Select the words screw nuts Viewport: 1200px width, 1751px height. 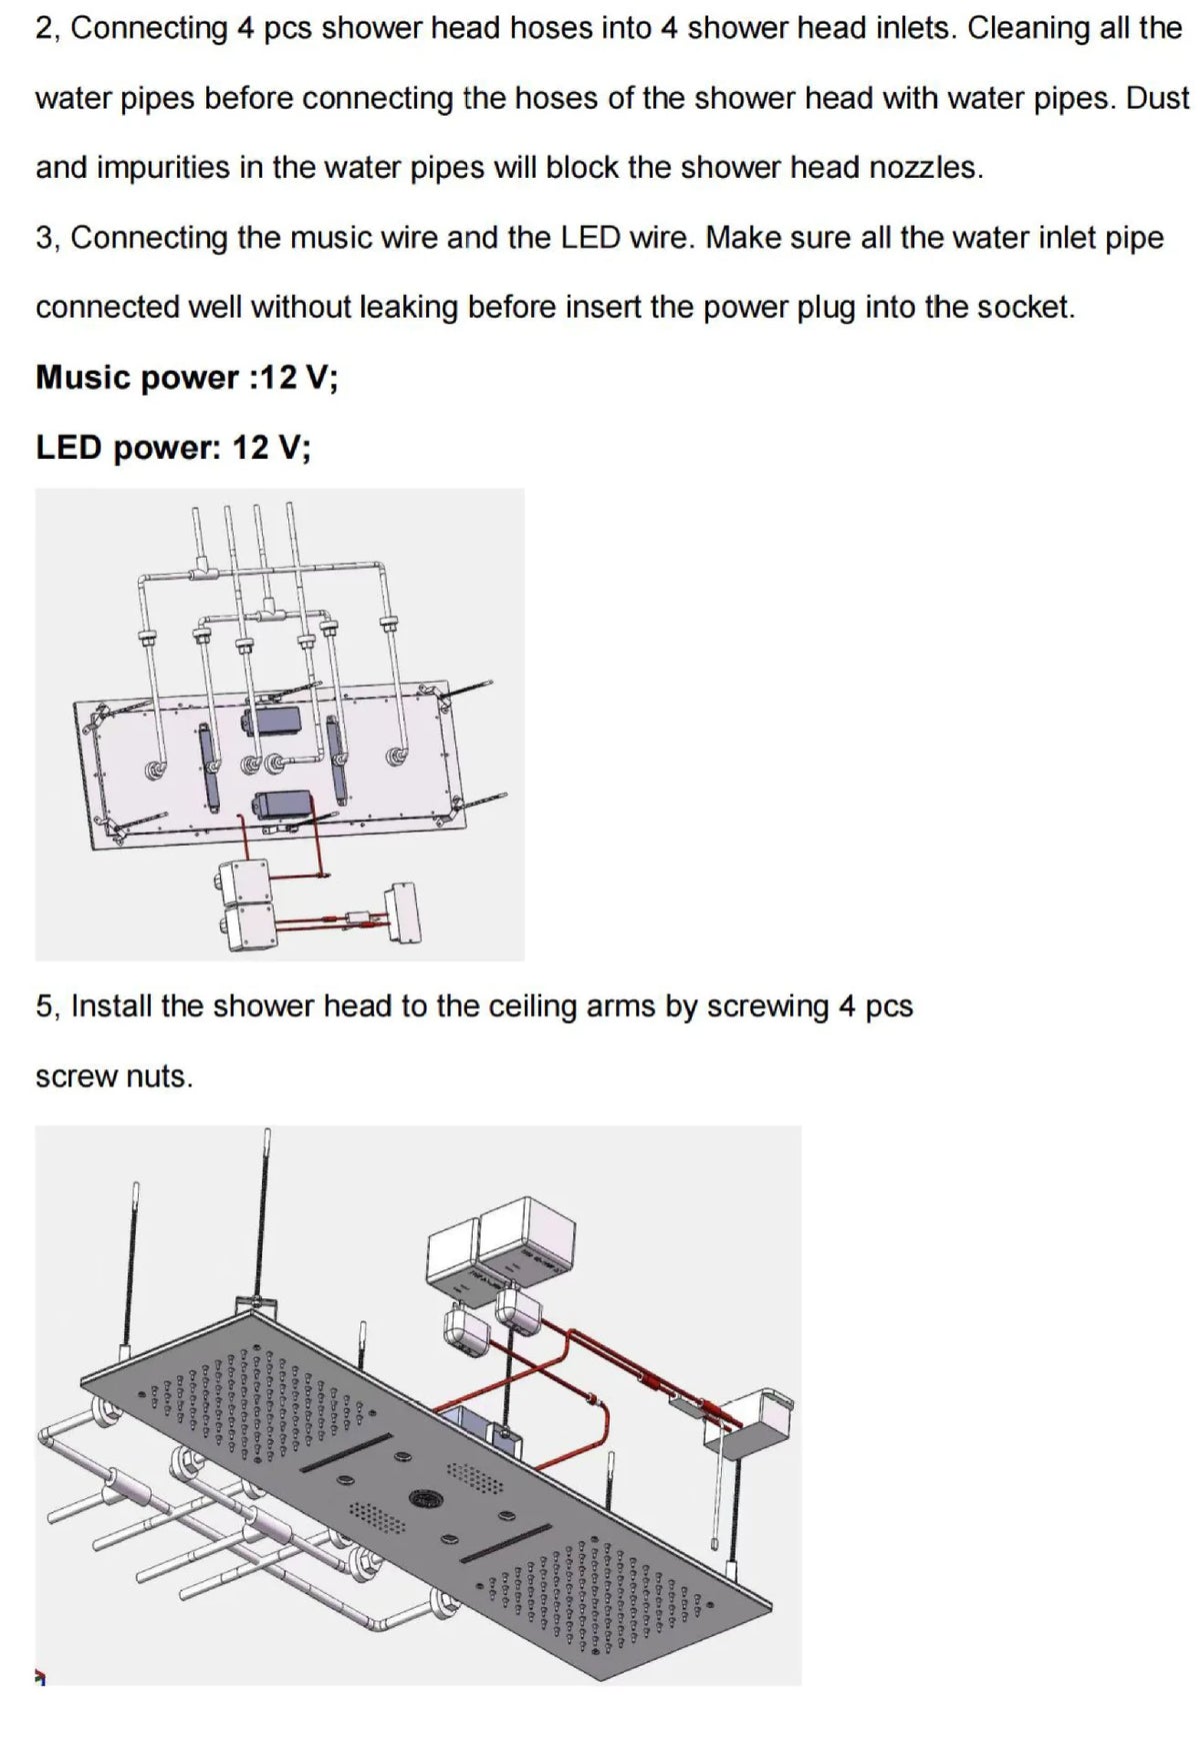click(x=114, y=1077)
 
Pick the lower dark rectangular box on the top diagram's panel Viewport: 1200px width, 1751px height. click(x=283, y=805)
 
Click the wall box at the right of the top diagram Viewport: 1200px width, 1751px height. click(x=405, y=911)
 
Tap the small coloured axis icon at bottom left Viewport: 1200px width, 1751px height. click(x=41, y=1676)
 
